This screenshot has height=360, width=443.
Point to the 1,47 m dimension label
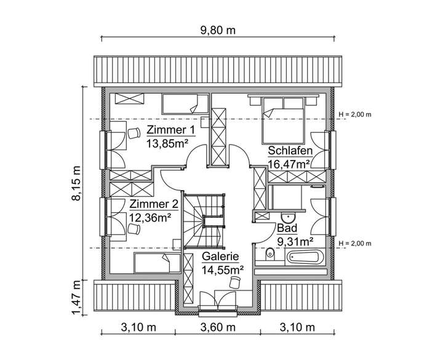(76, 297)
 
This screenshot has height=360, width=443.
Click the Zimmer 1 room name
(170, 130)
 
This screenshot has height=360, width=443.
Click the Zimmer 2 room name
(154, 204)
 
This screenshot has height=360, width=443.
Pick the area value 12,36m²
(150, 217)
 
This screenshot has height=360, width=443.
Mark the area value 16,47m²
(289, 164)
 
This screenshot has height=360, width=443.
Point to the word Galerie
(222, 256)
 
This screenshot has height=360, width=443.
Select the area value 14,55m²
(222, 269)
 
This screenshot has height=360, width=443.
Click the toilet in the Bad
(268, 255)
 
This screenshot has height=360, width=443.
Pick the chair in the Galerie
(234, 282)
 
